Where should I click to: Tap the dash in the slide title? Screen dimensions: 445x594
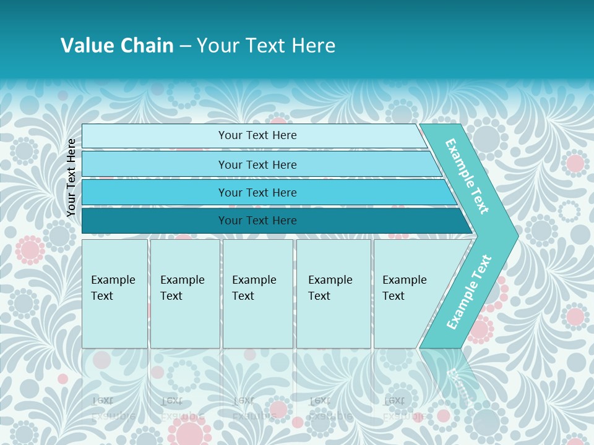coord(185,46)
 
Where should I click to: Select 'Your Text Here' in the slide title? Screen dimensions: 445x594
coord(266,46)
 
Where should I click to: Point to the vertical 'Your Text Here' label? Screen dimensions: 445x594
coord(71,177)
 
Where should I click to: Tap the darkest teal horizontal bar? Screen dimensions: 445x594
coord(155,221)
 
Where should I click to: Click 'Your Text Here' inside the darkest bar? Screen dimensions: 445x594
coord(257,221)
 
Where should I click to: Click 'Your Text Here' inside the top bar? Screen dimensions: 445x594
coord(257,135)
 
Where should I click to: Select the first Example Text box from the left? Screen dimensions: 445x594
coord(114,294)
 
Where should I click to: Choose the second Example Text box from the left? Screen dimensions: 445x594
coord(185,294)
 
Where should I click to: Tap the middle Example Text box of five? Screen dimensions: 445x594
coord(257,294)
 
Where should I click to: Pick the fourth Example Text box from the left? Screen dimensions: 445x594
coord(334,294)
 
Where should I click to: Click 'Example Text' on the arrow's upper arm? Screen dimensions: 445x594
coord(467,176)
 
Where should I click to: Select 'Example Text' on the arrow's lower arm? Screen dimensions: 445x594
coord(468,292)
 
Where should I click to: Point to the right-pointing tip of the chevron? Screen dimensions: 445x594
coord(515,235)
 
